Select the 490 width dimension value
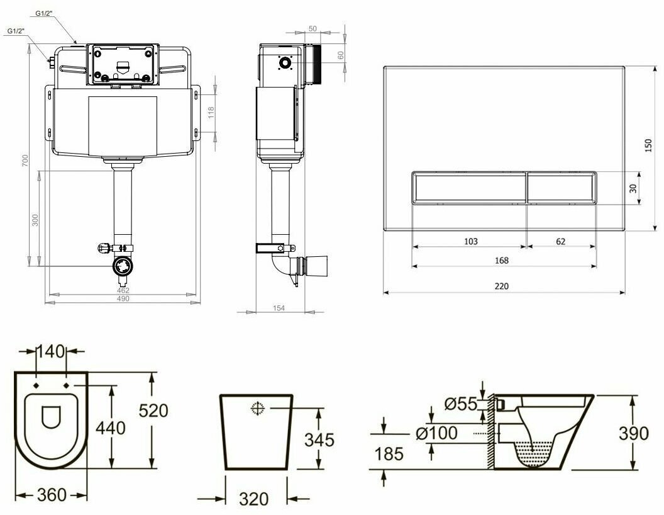coord(123,299)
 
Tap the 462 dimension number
coord(123,290)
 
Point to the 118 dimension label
coord(211,112)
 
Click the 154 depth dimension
coord(279,308)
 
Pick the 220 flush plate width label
coord(501,286)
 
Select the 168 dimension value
coord(501,260)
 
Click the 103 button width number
coord(470,241)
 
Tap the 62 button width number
coord(561,241)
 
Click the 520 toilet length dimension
coord(153,410)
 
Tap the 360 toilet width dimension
coord(50,495)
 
